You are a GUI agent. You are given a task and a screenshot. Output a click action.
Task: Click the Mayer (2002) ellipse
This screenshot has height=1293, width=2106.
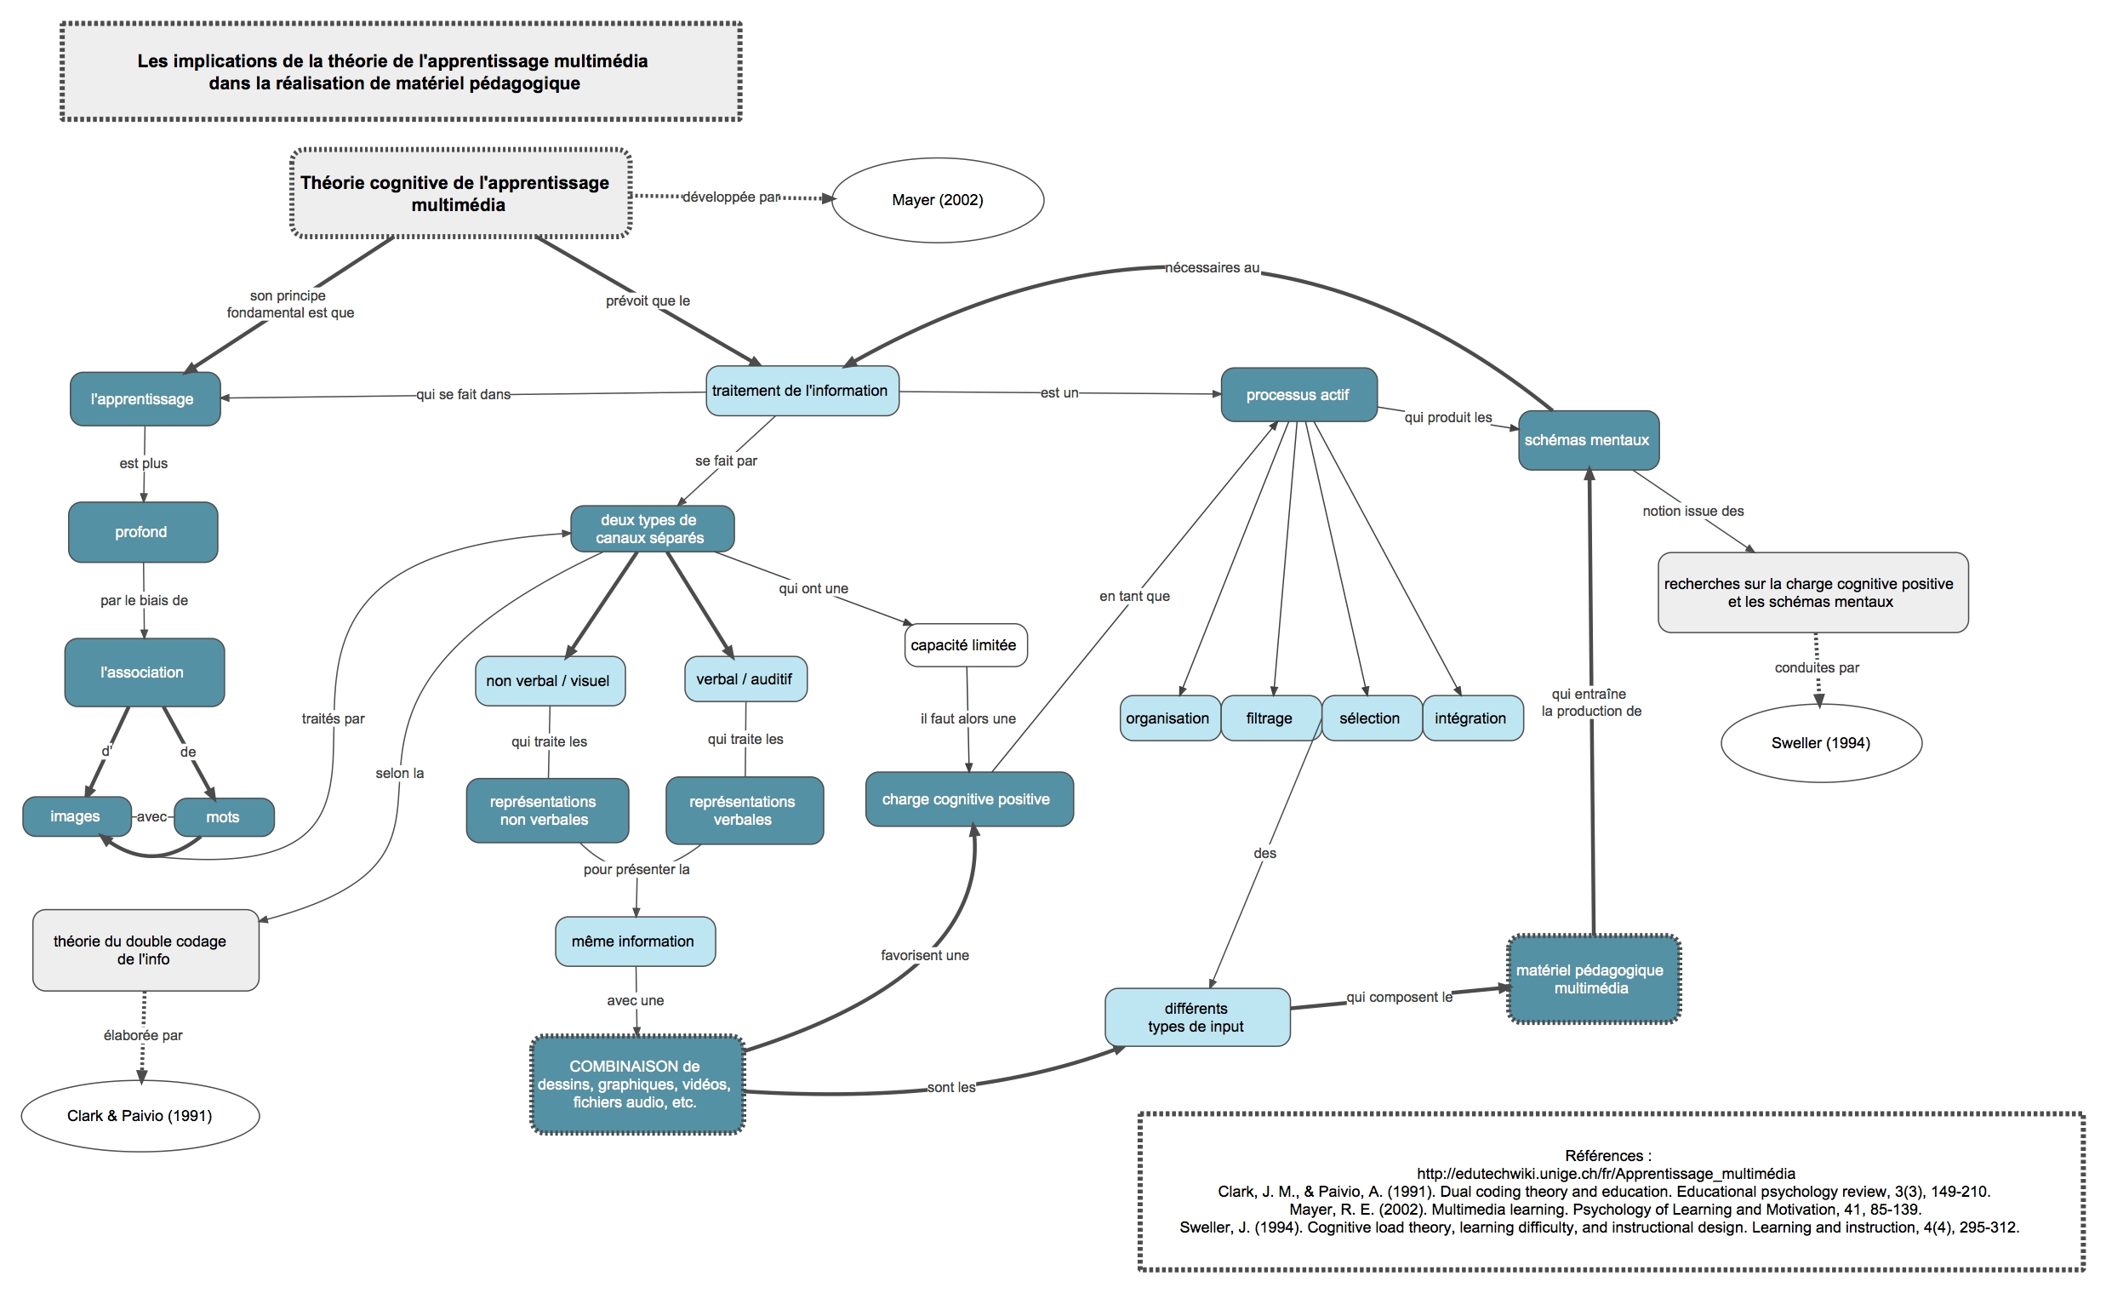point(938,200)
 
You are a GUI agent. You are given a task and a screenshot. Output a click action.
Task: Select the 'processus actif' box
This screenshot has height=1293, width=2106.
point(1298,394)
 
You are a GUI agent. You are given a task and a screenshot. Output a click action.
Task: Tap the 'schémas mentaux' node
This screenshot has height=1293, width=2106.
point(1588,439)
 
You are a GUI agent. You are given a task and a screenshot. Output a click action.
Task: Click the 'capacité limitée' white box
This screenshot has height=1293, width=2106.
point(965,644)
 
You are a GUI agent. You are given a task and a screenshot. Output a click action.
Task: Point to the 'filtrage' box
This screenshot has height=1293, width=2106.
point(1270,718)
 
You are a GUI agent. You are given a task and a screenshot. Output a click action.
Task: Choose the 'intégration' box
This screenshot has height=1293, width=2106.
point(1472,718)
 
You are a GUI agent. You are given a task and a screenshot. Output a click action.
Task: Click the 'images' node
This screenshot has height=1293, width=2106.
point(77,815)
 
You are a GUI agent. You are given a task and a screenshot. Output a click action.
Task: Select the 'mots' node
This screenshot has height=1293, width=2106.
point(224,816)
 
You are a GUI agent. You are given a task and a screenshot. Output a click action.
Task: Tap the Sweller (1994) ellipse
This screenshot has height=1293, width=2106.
point(1822,742)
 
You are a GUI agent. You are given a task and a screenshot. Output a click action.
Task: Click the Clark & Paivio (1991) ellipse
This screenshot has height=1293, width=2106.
point(140,1115)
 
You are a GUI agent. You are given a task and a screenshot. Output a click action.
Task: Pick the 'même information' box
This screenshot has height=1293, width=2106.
point(635,941)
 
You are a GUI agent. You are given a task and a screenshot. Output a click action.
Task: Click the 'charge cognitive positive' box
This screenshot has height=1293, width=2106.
point(968,798)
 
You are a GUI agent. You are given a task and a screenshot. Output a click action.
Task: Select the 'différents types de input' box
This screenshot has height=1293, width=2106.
point(1196,1017)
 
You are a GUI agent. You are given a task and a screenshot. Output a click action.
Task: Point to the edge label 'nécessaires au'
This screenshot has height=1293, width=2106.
point(1212,267)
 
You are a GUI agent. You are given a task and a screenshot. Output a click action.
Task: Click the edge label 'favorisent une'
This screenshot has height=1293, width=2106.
point(925,955)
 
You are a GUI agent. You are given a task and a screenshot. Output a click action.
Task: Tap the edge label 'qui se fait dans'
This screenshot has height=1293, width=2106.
point(463,394)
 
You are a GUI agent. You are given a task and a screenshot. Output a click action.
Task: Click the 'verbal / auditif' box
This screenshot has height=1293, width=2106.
point(745,679)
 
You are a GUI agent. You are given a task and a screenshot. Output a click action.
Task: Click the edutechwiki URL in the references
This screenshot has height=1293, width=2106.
point(1606,1173)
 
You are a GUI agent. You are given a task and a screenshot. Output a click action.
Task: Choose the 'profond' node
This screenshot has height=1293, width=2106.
point(143,532)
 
